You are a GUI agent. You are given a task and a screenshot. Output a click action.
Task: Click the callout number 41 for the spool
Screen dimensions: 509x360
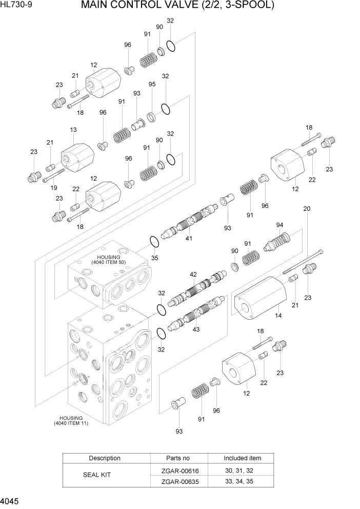(189, 238)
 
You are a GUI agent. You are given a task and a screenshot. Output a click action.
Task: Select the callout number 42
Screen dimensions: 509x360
(193, 275)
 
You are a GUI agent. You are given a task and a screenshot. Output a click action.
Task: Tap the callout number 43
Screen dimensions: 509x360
(196, 329)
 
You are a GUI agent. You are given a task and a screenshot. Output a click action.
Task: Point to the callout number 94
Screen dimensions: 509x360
(279, 225)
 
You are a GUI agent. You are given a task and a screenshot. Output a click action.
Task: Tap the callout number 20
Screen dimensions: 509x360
(307, 209)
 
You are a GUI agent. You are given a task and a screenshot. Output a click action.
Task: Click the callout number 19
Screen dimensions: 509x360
(53, 188)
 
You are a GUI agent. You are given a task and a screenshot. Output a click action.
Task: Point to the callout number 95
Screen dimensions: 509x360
(152, 84)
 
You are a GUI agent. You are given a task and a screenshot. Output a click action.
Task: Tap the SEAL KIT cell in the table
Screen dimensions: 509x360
(97, 475)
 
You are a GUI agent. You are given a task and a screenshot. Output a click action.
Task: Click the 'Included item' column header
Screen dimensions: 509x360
(242, 458)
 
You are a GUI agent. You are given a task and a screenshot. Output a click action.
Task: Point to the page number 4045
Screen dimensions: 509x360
(11, 501)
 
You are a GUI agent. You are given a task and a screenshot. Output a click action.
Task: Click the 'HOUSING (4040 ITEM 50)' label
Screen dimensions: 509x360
(108, 260)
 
